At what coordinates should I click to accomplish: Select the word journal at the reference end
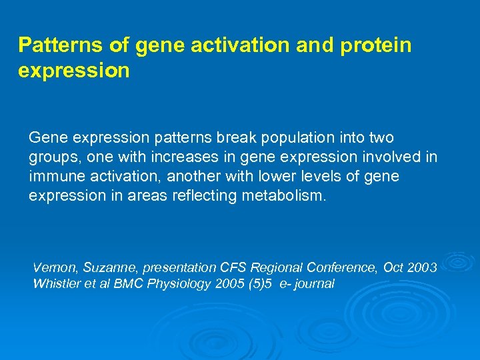[314, 283]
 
